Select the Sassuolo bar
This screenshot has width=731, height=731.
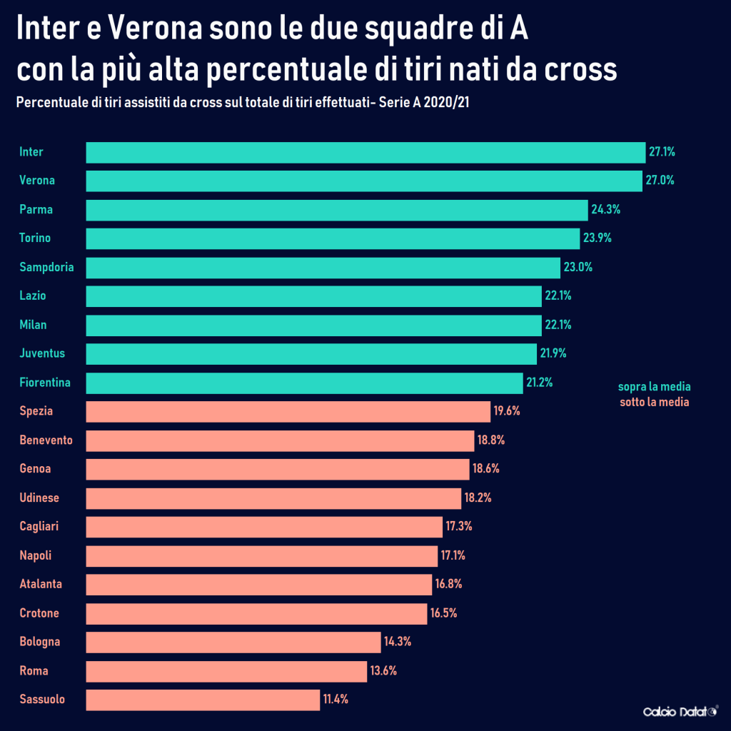[203, 700]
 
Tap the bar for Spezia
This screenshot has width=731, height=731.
[288, 411]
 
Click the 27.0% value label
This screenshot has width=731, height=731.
[660, 181]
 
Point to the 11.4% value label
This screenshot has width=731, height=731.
[336, 700]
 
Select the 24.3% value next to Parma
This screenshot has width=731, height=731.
[605, 210]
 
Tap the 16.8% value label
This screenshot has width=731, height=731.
[448, 584]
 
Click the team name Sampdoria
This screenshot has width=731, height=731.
[46, 267]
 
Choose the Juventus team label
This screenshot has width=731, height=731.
[42, 353]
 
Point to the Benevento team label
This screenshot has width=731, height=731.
[46, 440]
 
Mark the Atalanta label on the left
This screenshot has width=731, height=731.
[41, 584]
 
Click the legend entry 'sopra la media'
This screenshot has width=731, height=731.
[654, 388]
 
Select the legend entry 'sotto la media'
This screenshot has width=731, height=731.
[654, 403]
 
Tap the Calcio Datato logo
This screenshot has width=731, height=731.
[680, 712]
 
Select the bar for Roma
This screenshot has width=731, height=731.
[226, 671]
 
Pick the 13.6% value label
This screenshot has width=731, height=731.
[383, 671]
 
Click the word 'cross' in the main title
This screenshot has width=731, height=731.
[579, 70]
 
